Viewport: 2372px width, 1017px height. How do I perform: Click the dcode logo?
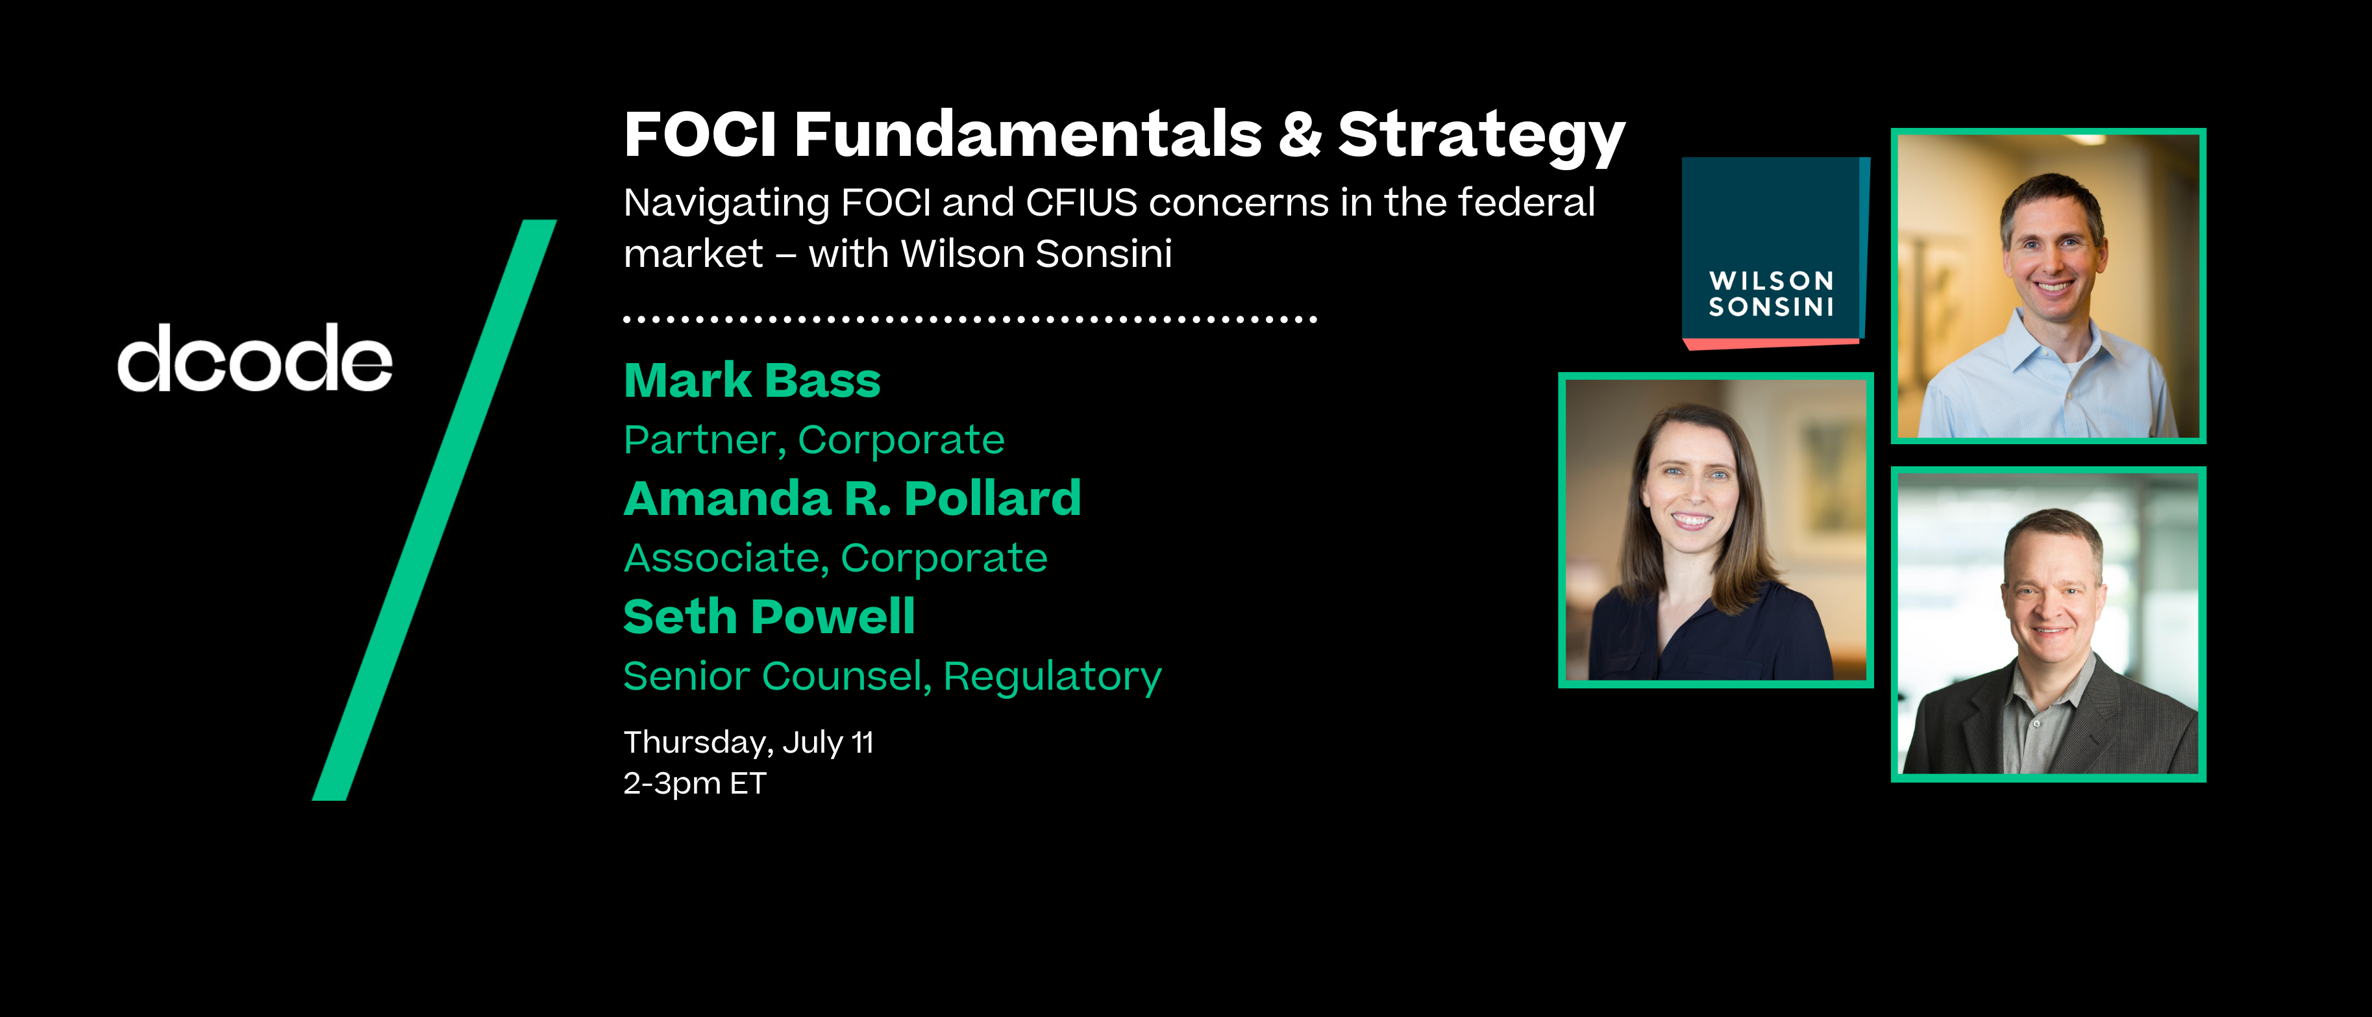coord(255,358)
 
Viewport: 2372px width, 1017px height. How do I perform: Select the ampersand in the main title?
coord(1299,134)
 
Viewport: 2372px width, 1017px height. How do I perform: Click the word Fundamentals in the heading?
coord(1028,134)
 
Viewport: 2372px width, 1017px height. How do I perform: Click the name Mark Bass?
coord(751,381)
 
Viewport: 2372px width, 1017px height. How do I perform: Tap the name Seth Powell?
coord(769,616)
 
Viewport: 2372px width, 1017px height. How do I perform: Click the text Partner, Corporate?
coord(814,440)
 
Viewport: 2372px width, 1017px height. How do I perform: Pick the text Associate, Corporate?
coord(835,559)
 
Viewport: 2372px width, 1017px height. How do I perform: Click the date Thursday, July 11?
coord(748,742)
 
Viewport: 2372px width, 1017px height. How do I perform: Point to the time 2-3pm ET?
coord(695,783)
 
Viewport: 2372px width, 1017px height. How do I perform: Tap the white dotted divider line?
coord(970,320)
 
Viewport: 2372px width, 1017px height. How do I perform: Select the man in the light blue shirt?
coord(2050,304)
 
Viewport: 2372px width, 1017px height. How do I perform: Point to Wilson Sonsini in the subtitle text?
coord(1036,253)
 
